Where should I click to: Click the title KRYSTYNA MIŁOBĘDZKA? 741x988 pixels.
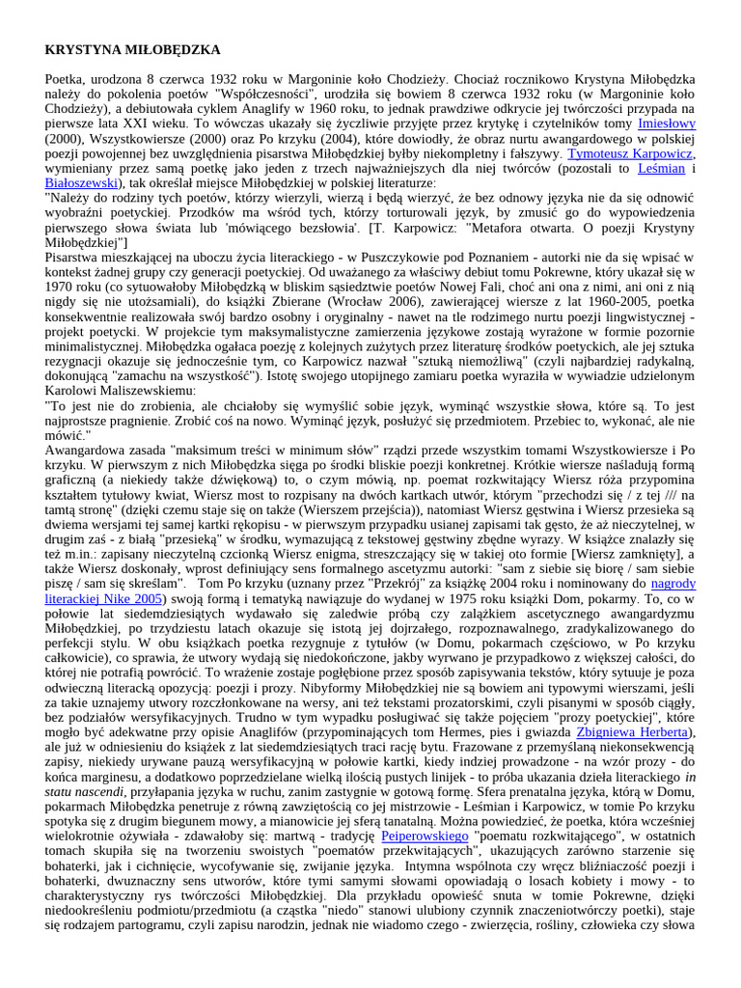(x=133, y=49)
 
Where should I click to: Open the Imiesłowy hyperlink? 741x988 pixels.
(x=666, y=123)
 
